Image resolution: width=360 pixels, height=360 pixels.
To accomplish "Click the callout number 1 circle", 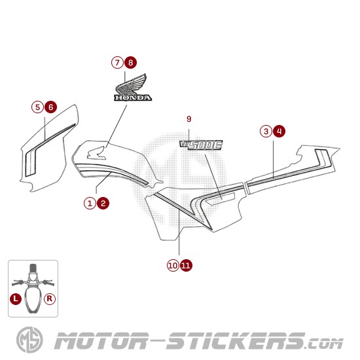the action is (90, 203).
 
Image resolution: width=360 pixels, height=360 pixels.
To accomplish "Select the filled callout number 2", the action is (103, 203).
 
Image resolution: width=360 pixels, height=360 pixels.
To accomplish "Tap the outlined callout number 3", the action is (266, 132).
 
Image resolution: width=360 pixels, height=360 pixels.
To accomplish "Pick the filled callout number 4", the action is (279, 132).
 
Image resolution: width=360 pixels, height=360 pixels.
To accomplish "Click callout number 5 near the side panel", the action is (37, 107).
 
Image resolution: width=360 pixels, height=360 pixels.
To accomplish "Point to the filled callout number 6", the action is (51, 107).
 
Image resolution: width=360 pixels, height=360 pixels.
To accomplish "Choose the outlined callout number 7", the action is (117, 62).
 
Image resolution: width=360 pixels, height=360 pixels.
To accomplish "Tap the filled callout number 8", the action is (131, 62).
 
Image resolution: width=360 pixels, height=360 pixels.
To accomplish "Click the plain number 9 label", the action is (189, 119).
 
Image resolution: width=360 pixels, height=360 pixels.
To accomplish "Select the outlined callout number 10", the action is (173, 265).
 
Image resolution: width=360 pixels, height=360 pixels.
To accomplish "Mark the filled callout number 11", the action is (186, 265).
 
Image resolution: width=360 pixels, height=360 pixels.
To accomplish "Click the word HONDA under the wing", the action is (133, 98).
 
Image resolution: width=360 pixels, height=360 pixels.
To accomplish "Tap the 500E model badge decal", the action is (201, 145).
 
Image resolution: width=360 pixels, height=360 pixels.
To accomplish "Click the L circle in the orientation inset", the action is (16, 298).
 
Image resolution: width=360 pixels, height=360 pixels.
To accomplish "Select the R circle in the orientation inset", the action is (49, 298).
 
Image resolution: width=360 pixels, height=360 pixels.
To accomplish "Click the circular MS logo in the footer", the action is (29, 340).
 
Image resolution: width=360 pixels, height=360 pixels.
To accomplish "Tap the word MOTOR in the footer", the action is (101, 341).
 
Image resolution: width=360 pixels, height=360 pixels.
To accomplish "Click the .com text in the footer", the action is (325, 344).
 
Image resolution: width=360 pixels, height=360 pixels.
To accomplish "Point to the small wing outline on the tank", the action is (96, 153).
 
